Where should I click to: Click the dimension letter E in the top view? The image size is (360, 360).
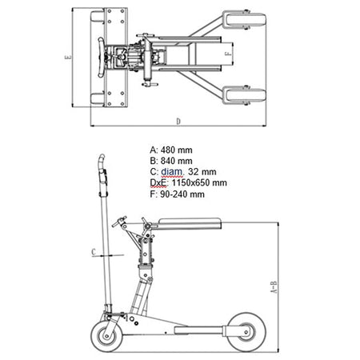[68, 57]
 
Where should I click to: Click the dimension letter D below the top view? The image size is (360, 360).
[178, 122]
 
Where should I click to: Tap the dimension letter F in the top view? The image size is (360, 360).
[228, 54]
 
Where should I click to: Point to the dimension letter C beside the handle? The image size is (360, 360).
[94, 252]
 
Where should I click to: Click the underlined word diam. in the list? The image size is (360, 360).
[172, 172]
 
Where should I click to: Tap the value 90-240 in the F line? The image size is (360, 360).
[174, 194]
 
